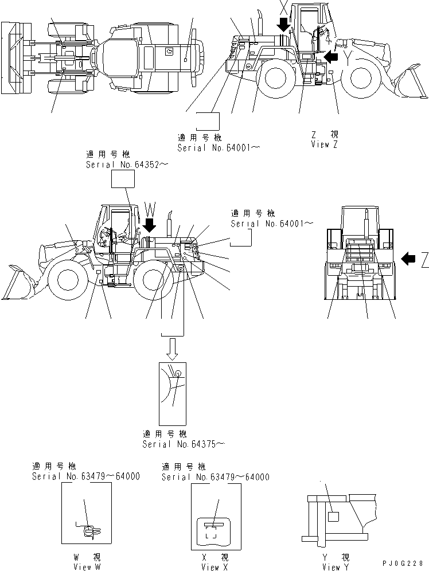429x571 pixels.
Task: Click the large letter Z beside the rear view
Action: point(424,261)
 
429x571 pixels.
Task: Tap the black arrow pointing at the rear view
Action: point(407,259)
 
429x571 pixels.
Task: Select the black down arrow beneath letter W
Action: point(149,226)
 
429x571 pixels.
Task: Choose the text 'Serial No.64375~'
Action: point(184,444)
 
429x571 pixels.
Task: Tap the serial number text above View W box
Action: point(85,477)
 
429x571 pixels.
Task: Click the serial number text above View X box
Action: point(215,477)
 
